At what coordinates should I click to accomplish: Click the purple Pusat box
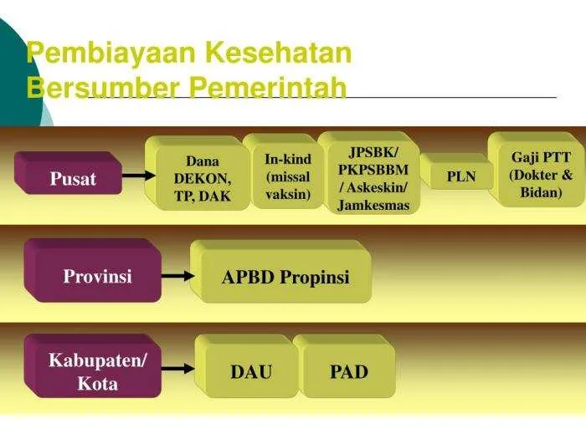coord(68,173)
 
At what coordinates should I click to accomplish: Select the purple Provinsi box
coord(93,271)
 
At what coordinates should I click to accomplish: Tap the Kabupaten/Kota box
coord(93,366)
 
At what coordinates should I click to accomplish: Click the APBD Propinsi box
coord(280,272)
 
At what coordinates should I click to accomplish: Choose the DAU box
coord(247,366)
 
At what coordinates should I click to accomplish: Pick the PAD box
coord(344,366)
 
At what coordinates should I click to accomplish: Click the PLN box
coord(457,171)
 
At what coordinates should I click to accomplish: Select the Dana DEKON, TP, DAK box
coord(198,173)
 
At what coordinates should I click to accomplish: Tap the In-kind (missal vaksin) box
coord(283,171)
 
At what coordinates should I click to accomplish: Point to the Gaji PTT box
coord(537,169)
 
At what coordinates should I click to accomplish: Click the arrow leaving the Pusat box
coord(139,175)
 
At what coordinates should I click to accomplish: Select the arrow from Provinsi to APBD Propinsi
coord(177,276)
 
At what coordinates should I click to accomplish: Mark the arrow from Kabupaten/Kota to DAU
coord(177,369)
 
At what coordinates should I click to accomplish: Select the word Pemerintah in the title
coord(268,87)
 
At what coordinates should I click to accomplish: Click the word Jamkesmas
coord(373,205)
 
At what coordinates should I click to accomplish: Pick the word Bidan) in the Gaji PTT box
coord(541,192)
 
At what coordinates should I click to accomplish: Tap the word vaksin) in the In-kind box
coord(288,194)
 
